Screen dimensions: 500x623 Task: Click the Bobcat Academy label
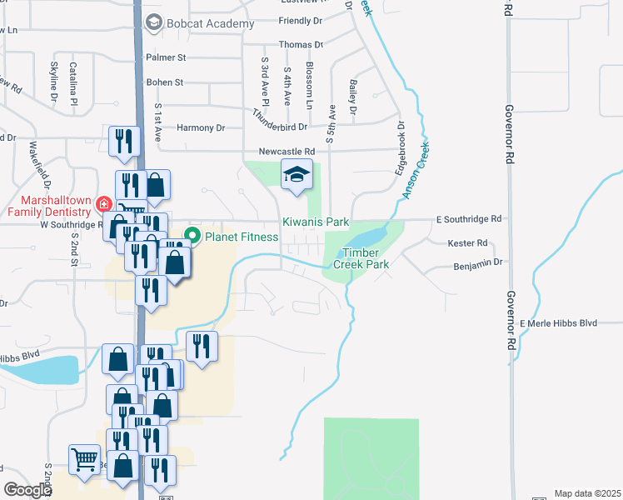(211, 24)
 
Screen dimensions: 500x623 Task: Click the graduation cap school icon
(296, 176)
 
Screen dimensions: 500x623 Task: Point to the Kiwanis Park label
(314, 222)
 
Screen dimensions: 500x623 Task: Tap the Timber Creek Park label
(361, 257)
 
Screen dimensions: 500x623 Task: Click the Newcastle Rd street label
(286, 152)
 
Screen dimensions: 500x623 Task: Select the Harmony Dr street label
(201, 127)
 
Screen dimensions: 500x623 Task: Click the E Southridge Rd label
(470, 219)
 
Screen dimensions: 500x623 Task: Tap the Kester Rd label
(466, 243)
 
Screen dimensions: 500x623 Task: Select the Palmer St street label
(166, 57)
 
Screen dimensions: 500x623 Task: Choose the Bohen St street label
(164, 82)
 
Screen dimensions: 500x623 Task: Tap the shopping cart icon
(85, 458)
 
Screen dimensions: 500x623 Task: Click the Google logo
(27, 490)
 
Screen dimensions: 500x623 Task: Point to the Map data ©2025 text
(587, 493)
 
